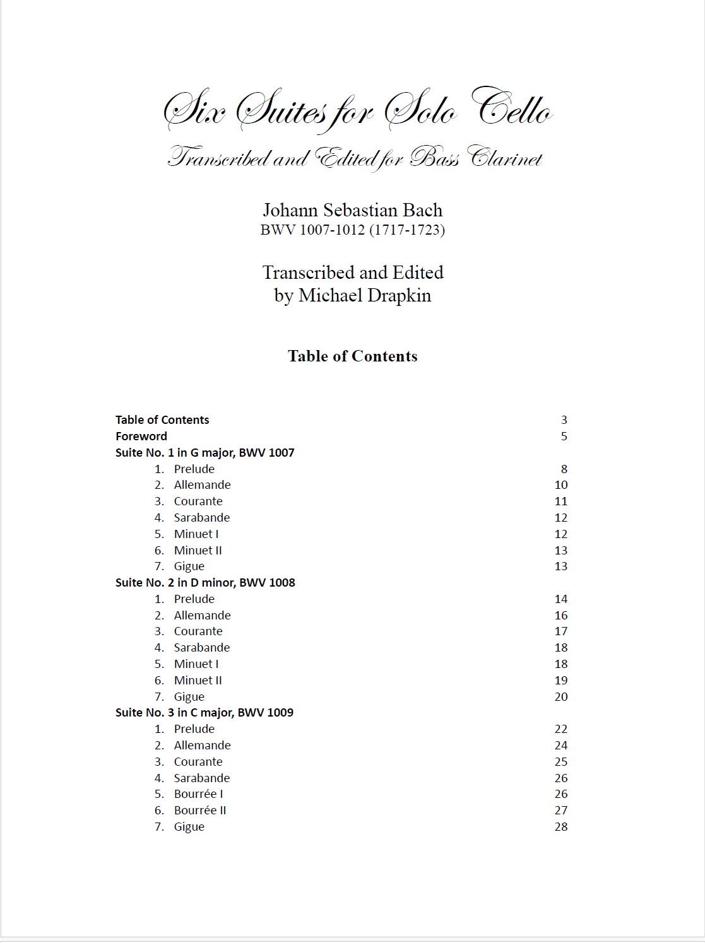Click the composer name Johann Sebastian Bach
352,210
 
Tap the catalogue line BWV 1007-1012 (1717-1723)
352,230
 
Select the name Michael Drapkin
365,295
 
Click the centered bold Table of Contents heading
352,356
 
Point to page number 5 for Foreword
564,436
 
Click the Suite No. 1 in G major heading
204,453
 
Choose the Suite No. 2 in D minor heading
205,583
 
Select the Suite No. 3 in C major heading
204,713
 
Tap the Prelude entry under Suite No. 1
194,469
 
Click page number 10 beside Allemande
561,485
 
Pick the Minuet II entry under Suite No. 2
198,681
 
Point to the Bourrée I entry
198,794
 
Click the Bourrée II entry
199,811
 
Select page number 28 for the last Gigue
561,827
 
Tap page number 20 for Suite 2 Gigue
561,697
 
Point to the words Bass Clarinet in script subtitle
476,158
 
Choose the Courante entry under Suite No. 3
198,762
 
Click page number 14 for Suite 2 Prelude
561,599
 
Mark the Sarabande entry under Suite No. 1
201,518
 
